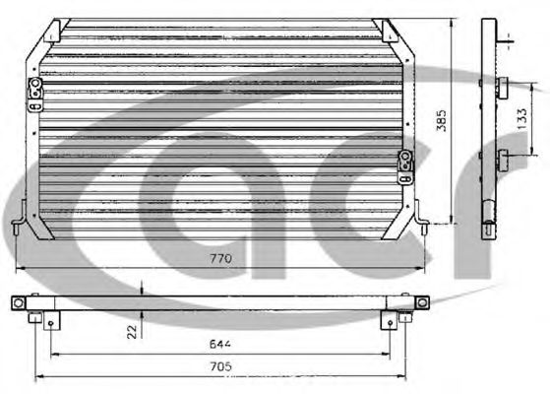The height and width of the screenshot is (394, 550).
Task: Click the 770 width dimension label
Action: (x=220, y=259)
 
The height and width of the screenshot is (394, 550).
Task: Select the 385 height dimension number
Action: (x=442, y=120)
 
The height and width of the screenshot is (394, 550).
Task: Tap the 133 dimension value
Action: (x=521, y=118)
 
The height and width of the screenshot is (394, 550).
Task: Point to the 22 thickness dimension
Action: (x=132, y=332)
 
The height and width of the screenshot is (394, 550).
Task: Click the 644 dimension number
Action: (x=220, y=344)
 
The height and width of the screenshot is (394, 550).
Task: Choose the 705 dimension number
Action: (x=221, y=366)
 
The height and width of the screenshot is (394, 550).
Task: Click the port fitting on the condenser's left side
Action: (x=35, y=95)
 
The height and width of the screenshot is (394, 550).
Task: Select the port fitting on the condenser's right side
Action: (x=405, y=167)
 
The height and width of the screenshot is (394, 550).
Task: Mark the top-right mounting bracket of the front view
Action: (x=389, y=31)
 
